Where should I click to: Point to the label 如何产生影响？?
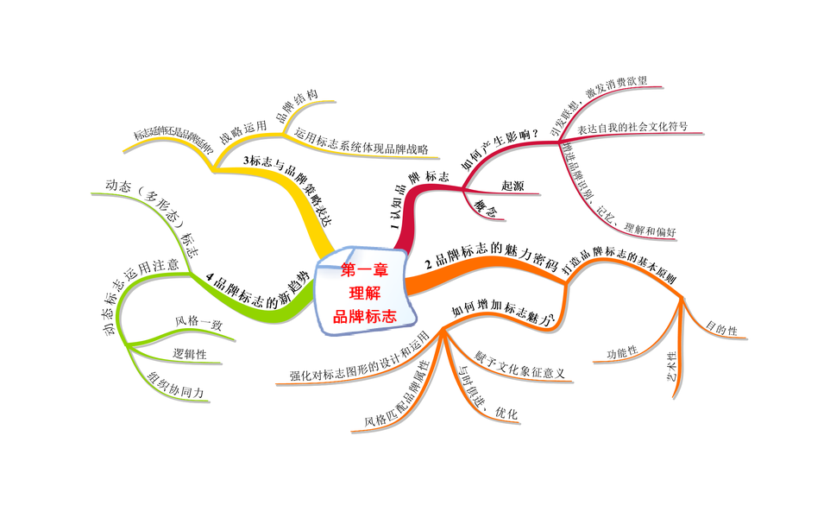pos(500,148)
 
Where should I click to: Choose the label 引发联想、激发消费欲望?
pos(604,108)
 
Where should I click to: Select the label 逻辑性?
pos(190,353)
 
